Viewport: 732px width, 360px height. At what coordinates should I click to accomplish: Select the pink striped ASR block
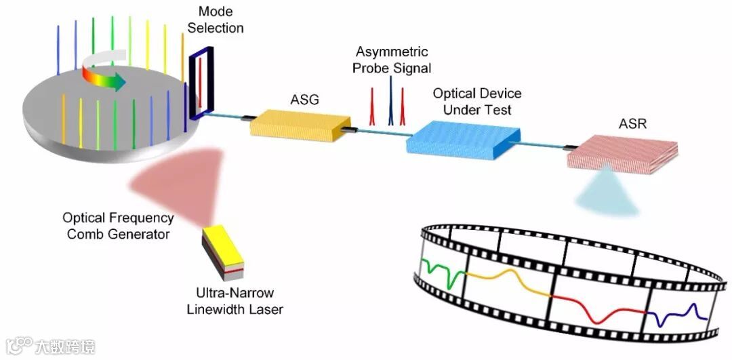[623, 155]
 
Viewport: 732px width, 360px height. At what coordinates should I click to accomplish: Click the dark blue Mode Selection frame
[202, 84]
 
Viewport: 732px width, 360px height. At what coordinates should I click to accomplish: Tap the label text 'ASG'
[304, 100]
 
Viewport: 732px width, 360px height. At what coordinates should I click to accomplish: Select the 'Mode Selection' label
[216, 20]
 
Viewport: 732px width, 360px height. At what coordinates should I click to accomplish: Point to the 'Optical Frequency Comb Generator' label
[118, 226]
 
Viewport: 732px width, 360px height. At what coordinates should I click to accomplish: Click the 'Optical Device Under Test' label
[477, 101]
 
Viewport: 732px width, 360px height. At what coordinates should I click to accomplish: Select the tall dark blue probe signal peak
[390, 102]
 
